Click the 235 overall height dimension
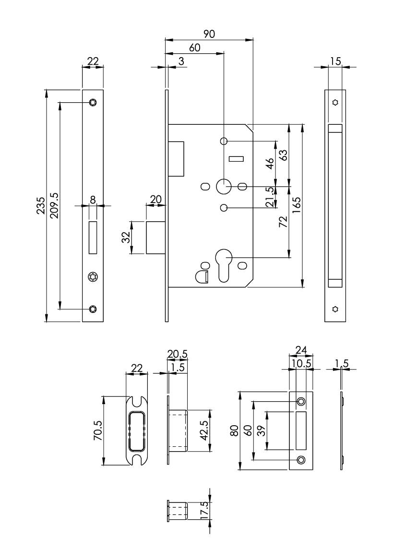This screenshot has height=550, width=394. (x=42, y=205)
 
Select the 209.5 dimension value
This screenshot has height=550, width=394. (x=54, y=205)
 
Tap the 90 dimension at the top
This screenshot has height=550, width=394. (x=209, y=34)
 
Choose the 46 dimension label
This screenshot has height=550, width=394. (x=270, y=163)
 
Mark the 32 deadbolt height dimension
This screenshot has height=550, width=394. (x=126, y=237)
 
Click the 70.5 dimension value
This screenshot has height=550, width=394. (x=97, y=430)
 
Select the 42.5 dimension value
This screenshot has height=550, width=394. (x=203, y=431)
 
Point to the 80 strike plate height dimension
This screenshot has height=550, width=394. (x=234, y=430)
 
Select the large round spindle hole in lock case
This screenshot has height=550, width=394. (x=224, y=186)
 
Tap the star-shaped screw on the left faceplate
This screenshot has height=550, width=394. (x=93, y=276)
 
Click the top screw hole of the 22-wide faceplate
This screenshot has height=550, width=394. (x=93, y=102)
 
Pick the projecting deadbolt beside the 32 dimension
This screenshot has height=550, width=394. (x=156, y=237)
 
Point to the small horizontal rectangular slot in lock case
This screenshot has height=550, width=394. (x=237, y=158)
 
